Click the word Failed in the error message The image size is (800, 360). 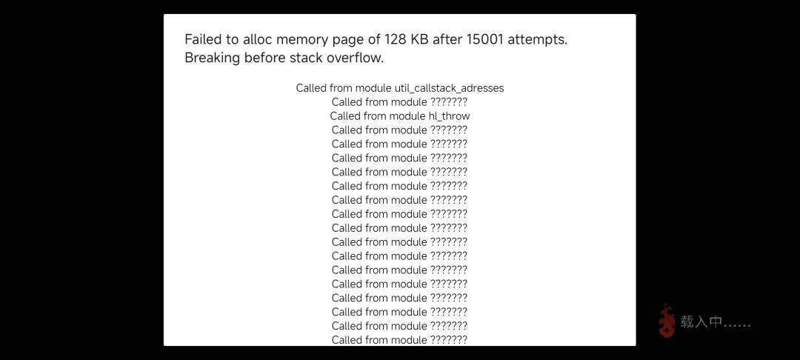[x=201, y=40]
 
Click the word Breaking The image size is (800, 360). [x=213, y=58]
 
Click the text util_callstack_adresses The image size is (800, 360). [x=450, y=88]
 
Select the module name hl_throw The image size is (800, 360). [x=449, y=116]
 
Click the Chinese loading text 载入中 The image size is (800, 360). [x=701, y=322]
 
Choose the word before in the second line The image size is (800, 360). [x=264, y=58]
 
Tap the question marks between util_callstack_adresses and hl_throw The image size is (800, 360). [x=449, y=102]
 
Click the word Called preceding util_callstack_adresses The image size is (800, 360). [x=312, y=88]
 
